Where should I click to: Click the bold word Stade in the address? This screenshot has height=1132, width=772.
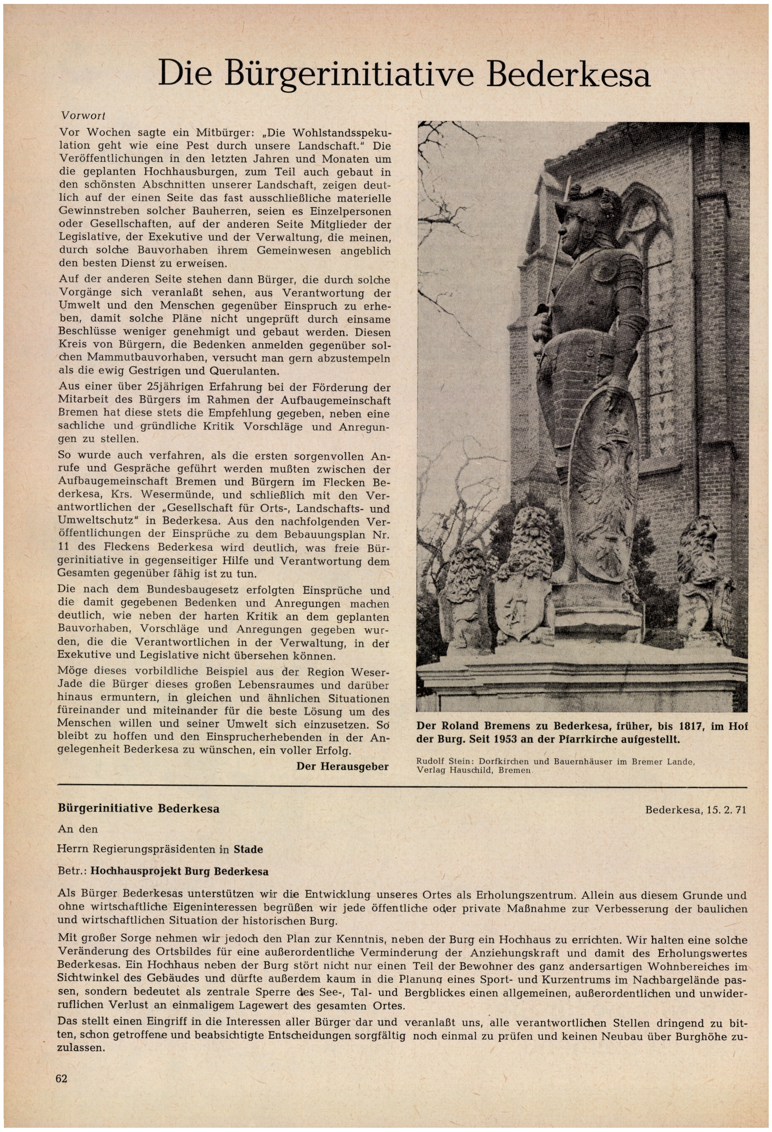coord(248,849)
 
